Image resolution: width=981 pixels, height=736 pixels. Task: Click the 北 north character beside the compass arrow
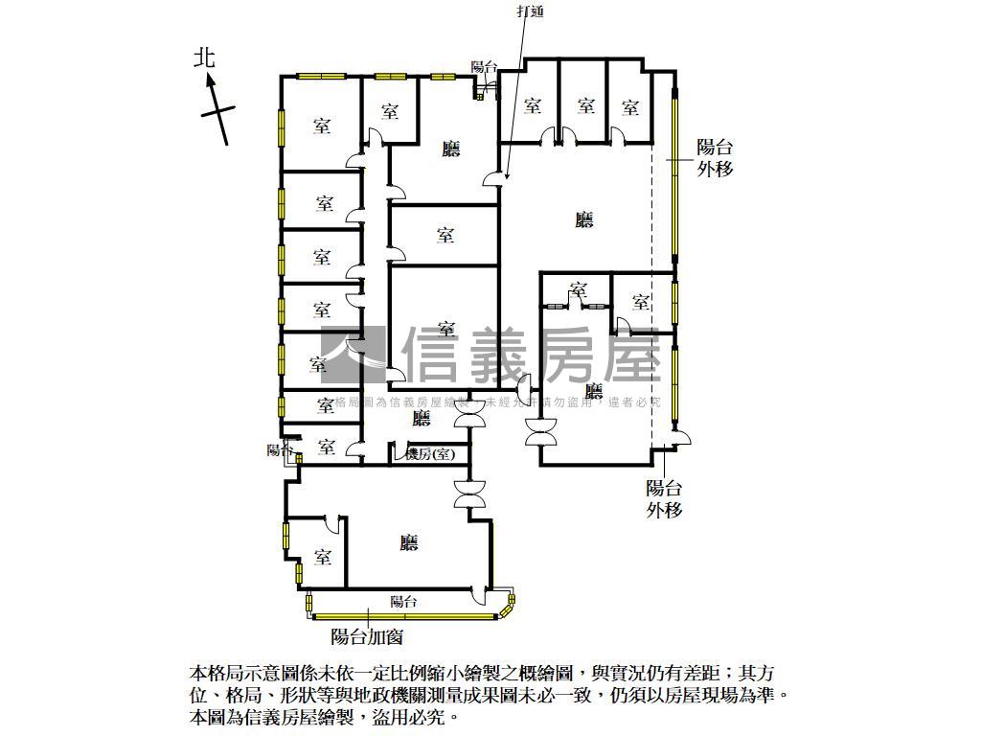204,58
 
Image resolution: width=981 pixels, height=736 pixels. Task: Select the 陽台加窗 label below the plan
366,634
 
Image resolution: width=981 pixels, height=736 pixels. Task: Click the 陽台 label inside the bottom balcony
403,602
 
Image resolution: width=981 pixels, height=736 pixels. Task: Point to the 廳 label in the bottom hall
409,543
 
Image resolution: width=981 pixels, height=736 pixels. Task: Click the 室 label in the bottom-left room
322,557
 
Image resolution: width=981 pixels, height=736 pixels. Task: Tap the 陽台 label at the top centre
484,67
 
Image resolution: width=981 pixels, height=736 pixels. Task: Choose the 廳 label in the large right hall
584,219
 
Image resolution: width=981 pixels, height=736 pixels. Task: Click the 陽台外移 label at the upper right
715,158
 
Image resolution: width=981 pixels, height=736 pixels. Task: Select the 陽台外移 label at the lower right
664,498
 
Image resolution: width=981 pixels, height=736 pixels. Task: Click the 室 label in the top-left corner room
321,125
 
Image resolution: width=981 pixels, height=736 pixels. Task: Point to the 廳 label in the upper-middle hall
450,149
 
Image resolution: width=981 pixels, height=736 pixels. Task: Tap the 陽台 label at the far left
278,448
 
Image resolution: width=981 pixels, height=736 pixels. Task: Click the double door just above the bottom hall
471,494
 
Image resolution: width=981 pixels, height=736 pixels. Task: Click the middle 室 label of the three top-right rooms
586,105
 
